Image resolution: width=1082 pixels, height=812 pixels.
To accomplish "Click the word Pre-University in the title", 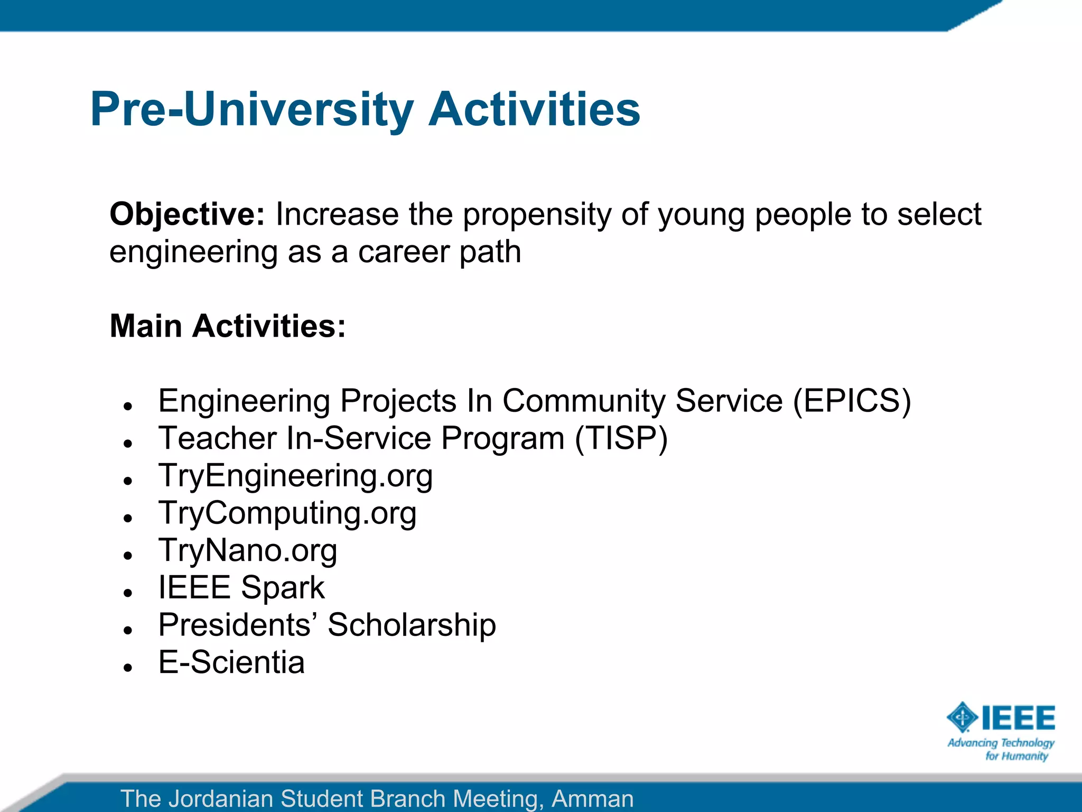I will (x=251, y=109).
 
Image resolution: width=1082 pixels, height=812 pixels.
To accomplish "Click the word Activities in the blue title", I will (x=534, y=109).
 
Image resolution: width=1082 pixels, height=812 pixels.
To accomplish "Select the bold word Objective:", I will (x=186, y=215).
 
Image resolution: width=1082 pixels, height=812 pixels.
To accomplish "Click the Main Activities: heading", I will (x=227, y=326).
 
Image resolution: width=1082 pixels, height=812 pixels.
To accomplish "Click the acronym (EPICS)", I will (x=852, y=401).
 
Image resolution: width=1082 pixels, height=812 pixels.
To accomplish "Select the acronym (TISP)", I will (x=621, y=438).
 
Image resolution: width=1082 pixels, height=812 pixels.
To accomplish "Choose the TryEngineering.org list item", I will (x=295, y=476).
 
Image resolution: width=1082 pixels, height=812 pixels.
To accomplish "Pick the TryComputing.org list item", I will (x=287, y=513).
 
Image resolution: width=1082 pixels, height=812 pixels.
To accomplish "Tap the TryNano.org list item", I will (x=247, y=550).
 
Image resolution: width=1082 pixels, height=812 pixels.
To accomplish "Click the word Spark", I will (x=283, y=588).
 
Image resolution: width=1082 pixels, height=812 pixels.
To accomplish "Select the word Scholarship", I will (x=412, y=625).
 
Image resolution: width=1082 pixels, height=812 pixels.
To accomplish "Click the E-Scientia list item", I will (x=231, y=662).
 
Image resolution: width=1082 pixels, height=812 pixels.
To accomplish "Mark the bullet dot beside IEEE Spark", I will (x=127, y=593).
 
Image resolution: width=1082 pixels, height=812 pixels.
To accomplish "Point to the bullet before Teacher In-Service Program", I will (x=127, y=444).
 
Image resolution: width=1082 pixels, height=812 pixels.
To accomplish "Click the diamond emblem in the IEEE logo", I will (x=962, y=717).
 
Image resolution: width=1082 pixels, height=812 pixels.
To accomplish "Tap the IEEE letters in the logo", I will (x=1018, y=718).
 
